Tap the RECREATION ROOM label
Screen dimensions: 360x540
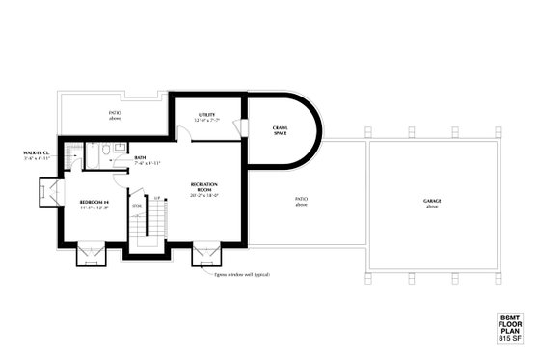(203, 186)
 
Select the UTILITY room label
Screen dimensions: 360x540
(206, 115)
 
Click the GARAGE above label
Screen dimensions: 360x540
(431, 203)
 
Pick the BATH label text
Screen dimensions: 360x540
(141, 158)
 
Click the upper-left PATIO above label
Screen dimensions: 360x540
(114, 115)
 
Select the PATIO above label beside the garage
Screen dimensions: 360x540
(301, 203)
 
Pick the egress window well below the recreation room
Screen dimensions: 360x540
(204, 256)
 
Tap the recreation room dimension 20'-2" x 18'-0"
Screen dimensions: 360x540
(203, 196)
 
